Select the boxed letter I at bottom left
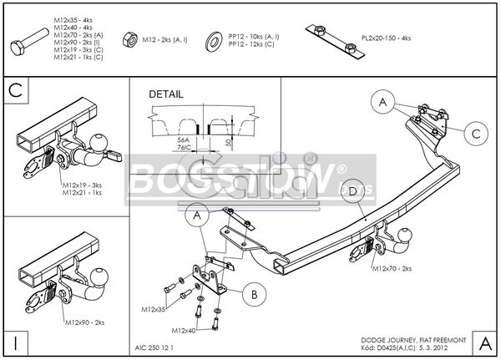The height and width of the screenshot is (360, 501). click(16, 341)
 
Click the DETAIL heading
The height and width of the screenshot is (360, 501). click(165, 94)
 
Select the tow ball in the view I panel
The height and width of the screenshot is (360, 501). click(101, 276)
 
